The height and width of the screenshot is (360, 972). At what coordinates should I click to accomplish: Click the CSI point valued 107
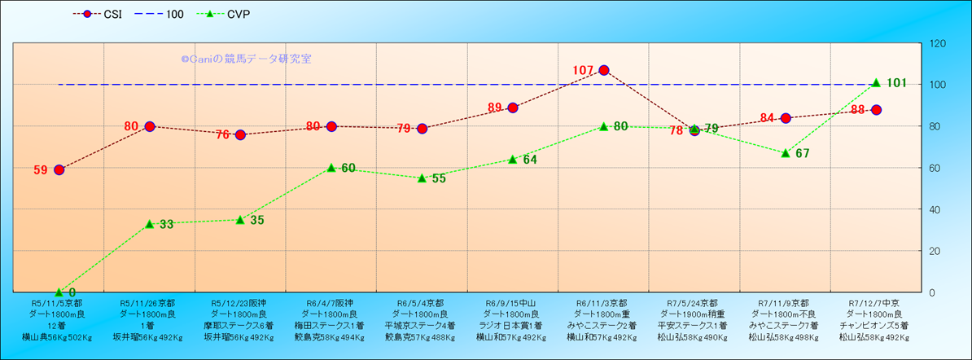(x=603, y=70)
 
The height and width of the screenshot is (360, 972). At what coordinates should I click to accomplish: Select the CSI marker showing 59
(x=59, y=169)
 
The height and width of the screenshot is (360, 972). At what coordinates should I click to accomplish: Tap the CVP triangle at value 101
(x=876, y=82)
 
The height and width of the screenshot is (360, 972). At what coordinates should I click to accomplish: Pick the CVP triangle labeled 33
(x=150, y=223)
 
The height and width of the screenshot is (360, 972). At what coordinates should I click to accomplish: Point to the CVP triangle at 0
(x=59, y=292)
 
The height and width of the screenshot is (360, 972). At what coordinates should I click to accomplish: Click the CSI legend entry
(x=98, y=14)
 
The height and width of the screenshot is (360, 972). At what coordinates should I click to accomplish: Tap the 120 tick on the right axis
(x=939, y=43)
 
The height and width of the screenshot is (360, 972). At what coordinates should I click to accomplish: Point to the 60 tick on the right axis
(x=936, y=168)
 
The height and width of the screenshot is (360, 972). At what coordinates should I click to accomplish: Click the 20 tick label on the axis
(x=936, y=251)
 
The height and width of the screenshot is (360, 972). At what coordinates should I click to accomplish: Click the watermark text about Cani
(x=246, y=59)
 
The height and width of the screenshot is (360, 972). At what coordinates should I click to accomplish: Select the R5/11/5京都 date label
(x=59, y=303)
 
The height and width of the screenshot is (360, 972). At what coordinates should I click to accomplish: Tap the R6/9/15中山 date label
(x=513, y=303)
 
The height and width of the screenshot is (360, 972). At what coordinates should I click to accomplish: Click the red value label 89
(x=495, y=108)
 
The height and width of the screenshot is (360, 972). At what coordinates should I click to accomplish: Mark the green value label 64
(x=530, y=160)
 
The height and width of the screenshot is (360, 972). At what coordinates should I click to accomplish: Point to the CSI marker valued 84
(x=786, y=118)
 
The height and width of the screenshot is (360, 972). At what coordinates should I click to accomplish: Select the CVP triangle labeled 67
(x=786, y=153)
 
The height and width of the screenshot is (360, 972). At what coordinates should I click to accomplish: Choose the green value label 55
(x=439, y=178)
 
